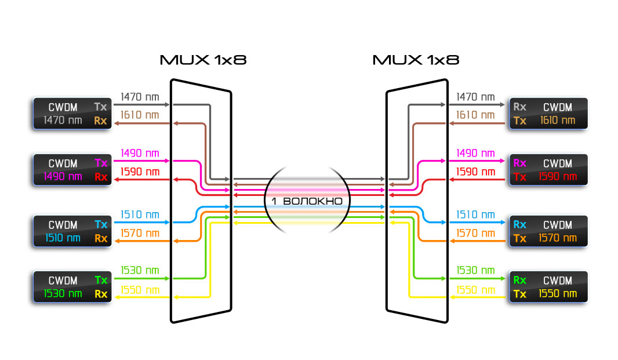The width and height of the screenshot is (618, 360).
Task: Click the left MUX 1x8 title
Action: point(203,60)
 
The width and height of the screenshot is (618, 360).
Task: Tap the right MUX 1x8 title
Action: point(416,60)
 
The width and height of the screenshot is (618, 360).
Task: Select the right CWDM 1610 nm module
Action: point(548,113)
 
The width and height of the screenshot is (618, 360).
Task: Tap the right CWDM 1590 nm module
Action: point(548,169)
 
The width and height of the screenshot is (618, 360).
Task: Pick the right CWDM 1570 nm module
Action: point(548,231)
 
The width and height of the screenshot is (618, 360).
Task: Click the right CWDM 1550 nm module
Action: point(548,286)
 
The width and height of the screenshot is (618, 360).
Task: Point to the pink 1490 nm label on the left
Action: point(140,154)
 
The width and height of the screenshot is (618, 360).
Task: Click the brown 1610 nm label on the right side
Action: point(475,115)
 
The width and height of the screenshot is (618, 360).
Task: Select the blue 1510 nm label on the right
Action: point(475,215)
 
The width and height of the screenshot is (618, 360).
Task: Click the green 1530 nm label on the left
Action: point(140,270)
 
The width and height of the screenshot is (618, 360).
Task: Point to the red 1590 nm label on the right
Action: point(475,172)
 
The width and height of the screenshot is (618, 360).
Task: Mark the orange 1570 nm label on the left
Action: point(140,233)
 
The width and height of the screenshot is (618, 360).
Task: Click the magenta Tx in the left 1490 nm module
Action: point(101,163)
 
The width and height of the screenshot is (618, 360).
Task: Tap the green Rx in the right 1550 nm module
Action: point(519,280)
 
